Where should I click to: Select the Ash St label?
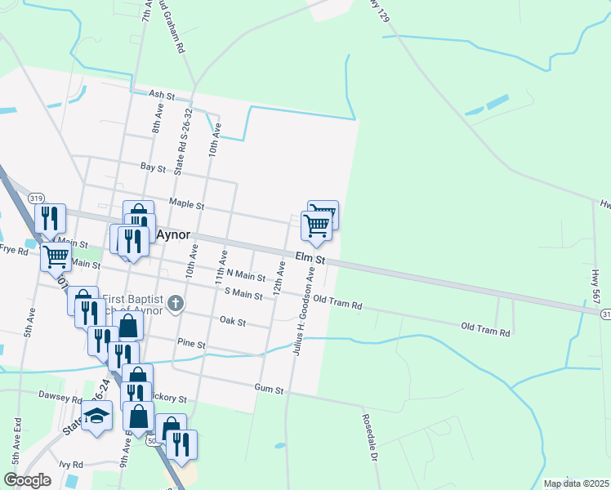tap(162, 96)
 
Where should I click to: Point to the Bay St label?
tap(153, 167)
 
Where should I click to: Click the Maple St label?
tap(186, 203)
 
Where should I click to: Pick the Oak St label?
tap(233, 322)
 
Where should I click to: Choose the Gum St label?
tap(268, 390)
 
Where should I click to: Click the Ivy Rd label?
tap(71, 464)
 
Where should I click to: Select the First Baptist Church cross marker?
tap(175, 305)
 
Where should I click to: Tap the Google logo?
tap(27, 480)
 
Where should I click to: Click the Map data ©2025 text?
tap(575, 483)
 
